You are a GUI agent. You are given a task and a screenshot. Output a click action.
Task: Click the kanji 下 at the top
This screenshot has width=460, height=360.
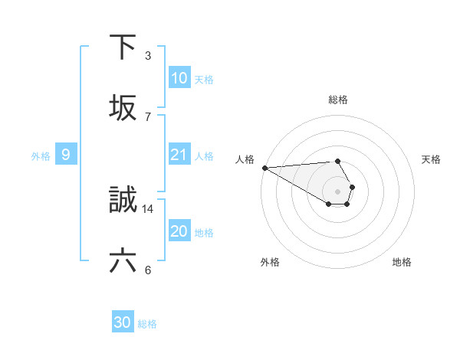click(123, 47)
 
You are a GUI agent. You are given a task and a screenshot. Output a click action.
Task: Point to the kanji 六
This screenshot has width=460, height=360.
click(123, 261)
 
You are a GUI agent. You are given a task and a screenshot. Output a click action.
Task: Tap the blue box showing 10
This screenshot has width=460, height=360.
click(179, 78)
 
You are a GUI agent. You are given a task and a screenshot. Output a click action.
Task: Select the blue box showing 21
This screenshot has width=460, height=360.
click(179, 155)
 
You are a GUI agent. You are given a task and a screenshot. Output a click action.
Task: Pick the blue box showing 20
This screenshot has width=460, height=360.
click(179, 231)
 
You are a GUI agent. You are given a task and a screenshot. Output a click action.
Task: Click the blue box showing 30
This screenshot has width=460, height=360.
click(123, 323)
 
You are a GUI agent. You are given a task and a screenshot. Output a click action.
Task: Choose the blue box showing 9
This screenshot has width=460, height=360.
click(66, 155)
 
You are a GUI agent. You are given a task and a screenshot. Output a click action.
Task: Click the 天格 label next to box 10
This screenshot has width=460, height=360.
click(204, 79)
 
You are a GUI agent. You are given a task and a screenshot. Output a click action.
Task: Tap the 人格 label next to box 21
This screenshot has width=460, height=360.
click(204, 155)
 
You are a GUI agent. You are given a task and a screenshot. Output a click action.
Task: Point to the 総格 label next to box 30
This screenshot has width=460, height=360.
click(147, 324)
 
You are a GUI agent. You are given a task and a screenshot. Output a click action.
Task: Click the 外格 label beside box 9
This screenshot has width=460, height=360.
click(41, 155)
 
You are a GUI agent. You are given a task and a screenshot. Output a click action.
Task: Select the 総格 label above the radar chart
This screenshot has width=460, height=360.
click(338, 100)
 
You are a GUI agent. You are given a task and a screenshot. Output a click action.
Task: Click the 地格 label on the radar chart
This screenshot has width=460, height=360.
click(402, 262)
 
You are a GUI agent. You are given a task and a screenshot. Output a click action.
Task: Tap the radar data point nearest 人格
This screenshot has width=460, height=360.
click(264, 168)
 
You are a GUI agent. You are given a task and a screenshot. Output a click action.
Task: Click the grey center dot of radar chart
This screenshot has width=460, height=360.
click(338, 191)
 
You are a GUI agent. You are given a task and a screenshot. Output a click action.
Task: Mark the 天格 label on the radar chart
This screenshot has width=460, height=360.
click(432, 159)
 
